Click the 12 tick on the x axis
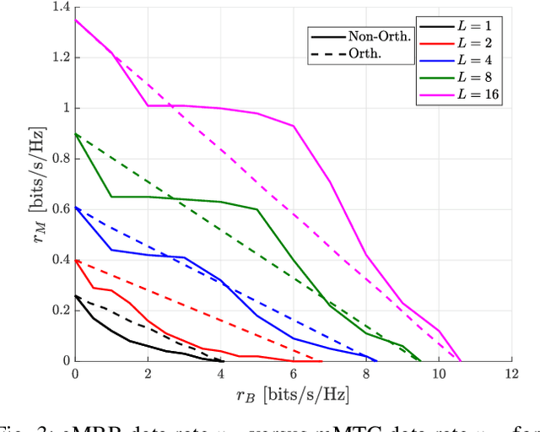click(510, 373)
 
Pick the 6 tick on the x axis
click(293, 373)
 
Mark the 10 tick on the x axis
click(438, 373)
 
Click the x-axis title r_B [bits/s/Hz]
click(293, 394)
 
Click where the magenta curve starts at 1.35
click(76, 20)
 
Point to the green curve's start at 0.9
click(76, 134)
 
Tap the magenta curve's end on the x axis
click(461, 360)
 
